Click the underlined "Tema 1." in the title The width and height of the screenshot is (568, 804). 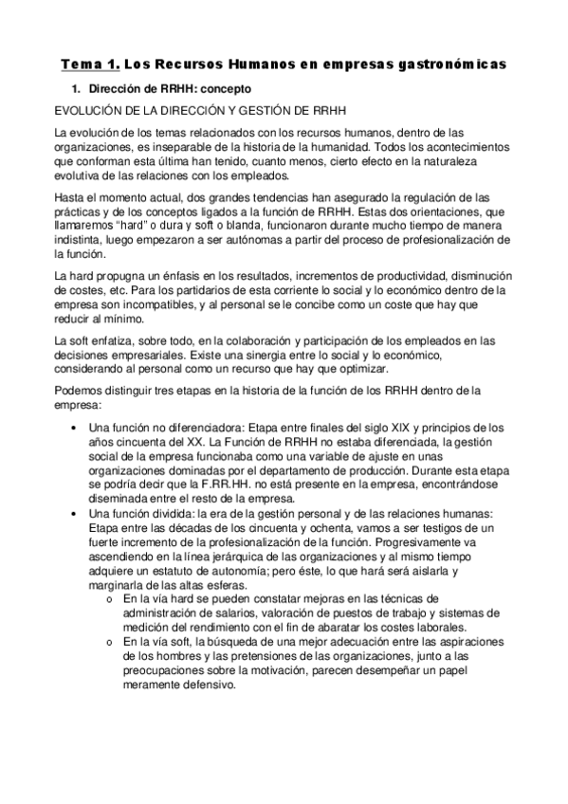(90, 64)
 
